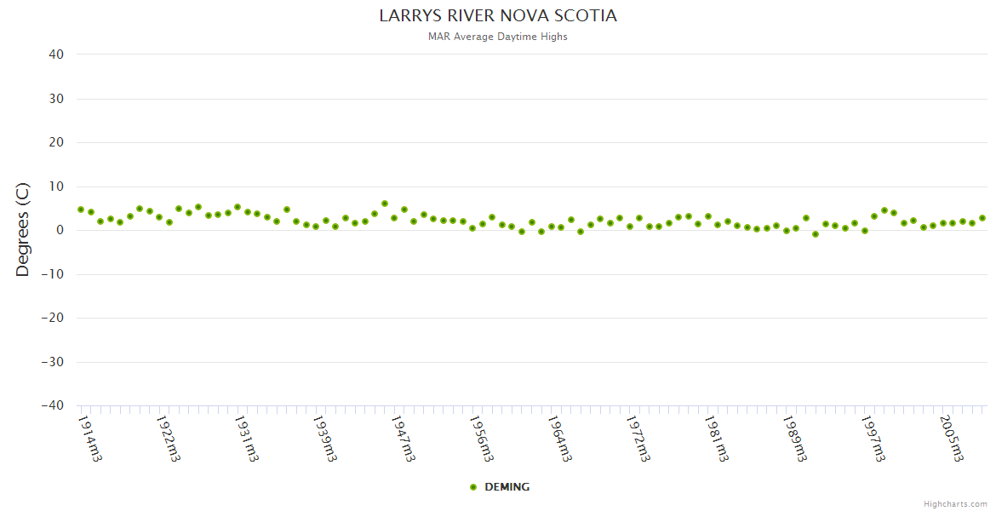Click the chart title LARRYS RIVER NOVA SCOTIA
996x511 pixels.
[498, 16]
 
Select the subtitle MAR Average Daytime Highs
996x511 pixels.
[498, 37]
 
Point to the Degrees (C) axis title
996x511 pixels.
[23, 230]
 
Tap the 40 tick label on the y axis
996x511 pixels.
[57, 55]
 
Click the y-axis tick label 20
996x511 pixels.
[57, 142]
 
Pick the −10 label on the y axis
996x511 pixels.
[53, 274]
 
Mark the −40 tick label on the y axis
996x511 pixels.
[53, 406]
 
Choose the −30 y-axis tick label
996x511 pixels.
[53, 362]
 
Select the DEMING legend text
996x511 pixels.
[507, 487]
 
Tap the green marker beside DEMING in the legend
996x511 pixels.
[473, 487]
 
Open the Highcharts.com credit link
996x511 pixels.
[955, 503]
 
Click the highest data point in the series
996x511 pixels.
[385, 204]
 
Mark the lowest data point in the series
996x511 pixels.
[816, 234]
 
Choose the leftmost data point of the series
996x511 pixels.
[81, 210]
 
